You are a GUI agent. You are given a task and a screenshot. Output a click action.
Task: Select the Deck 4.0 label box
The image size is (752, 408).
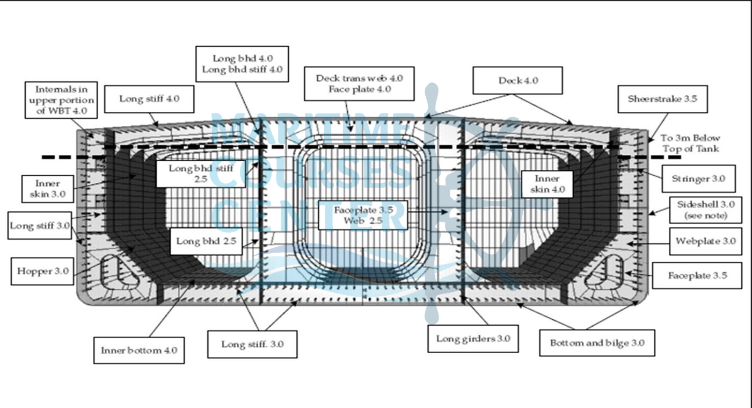518,81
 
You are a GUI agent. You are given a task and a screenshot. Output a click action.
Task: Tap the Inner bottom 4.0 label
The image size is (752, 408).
139,350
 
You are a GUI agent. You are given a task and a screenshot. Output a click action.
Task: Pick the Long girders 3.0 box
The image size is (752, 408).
473,339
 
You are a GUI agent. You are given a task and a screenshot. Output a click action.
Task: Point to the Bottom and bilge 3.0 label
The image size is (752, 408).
597,342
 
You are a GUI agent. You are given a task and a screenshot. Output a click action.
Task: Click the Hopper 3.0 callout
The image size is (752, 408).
42,271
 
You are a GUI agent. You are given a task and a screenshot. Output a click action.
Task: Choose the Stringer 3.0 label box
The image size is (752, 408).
697,178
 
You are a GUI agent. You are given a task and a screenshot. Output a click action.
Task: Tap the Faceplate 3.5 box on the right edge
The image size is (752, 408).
697,275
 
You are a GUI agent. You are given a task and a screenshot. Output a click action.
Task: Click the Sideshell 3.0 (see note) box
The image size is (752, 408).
705,210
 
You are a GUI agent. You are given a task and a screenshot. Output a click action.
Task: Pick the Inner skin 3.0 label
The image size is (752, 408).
47,189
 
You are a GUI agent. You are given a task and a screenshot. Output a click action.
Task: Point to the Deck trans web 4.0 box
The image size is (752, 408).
359,83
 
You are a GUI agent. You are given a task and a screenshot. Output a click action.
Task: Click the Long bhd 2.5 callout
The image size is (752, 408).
206,241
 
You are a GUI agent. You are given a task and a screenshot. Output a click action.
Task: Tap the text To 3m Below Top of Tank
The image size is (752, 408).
690,143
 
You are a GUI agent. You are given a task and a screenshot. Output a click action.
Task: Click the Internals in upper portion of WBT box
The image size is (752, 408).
62,100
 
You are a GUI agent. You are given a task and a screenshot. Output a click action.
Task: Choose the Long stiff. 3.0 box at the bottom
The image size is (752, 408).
252,344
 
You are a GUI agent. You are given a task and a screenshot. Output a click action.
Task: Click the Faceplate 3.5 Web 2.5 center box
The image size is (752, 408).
363,215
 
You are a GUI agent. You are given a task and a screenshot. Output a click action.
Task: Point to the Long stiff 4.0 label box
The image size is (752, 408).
149,99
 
